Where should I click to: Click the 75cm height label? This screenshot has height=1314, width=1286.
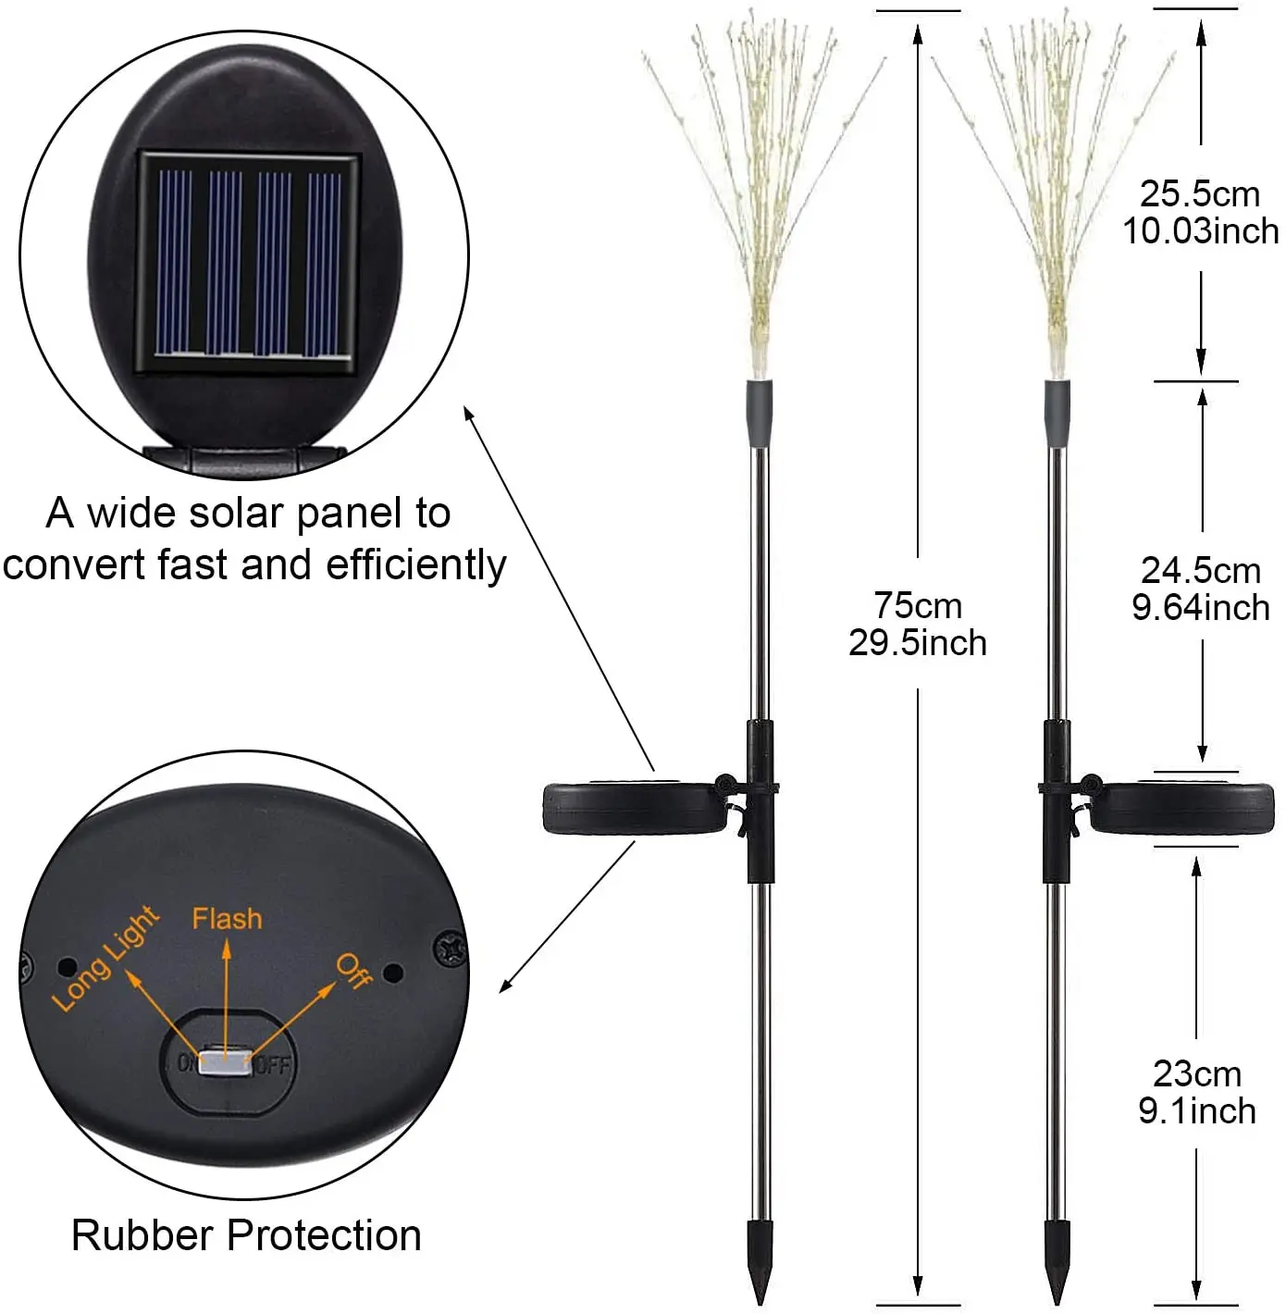(x=918, y=606)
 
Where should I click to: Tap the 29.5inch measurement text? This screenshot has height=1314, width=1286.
(x=918, y=643)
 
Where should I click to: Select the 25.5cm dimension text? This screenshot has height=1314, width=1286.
(x=1200, y=194)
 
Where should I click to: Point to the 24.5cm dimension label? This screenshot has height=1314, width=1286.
(x=1201, y=571)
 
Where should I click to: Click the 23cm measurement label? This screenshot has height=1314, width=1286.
(x=1197, y=1074)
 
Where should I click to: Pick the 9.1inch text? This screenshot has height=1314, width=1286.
(x=1197, y=1111)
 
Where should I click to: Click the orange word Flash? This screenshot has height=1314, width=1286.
(x=227, y=919)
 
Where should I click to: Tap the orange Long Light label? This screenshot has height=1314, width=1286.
(x=105, y=960)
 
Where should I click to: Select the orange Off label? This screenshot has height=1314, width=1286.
(x=354, y=970)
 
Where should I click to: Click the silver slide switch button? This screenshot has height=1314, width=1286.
(x=226, y=1062)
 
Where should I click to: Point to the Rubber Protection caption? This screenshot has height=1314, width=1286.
(x=246, y=1235)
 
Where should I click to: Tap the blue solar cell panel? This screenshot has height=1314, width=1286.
(x=247, y=263)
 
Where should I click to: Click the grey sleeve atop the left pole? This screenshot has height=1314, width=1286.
(x=759, y=413)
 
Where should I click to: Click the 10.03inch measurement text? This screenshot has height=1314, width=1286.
(x=1201, y=231)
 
